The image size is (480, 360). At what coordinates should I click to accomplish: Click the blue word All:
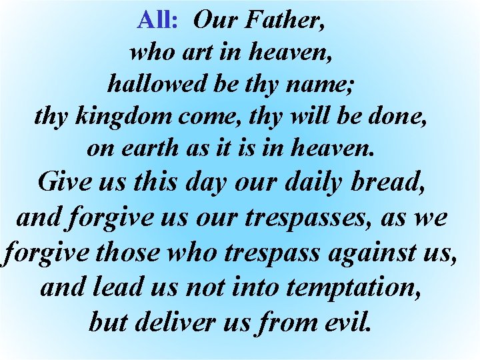coord(157,20)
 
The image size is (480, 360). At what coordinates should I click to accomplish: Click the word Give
coord(67,181)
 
